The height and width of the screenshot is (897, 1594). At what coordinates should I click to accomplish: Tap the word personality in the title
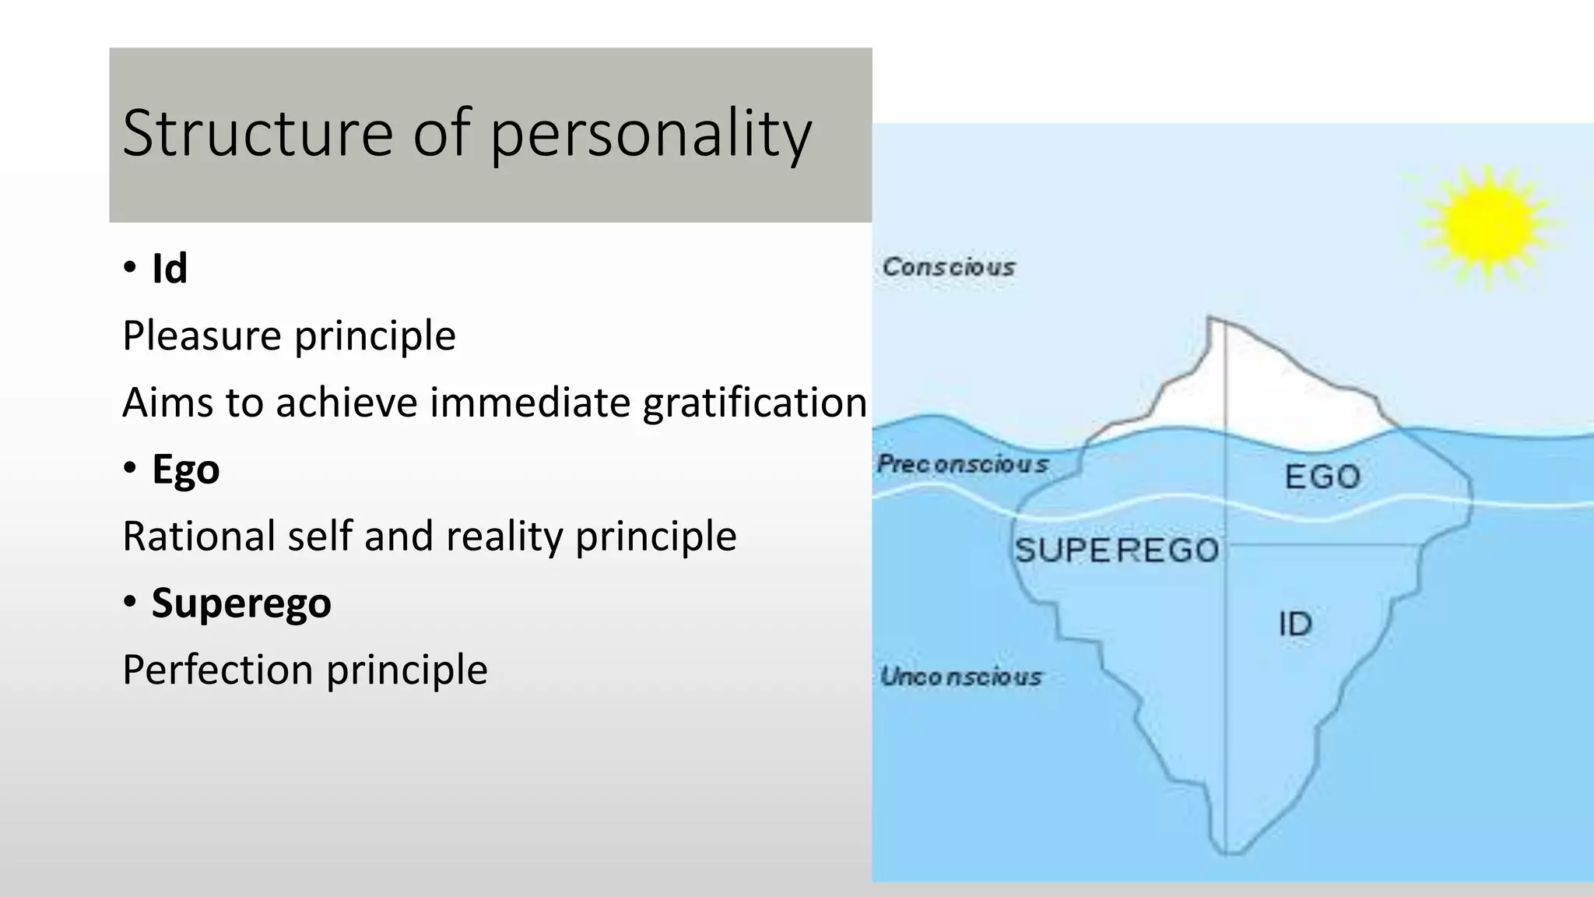click(651, 134)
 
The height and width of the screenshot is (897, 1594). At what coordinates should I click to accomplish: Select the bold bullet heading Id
click(170, 269)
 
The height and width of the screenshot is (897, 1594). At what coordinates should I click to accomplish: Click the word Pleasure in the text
click(202, 336)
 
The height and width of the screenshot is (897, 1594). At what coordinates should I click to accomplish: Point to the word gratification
click(754, 403)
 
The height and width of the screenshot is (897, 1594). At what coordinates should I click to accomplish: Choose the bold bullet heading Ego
click(185, 470)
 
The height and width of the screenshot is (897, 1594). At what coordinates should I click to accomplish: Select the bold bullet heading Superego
click(241, 603)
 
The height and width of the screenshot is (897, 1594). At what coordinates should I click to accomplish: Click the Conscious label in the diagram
click(949, 267)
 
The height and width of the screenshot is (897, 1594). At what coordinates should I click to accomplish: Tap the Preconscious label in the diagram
click(963, 464)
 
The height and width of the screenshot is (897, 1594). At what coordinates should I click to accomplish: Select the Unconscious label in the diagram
click(960, 677)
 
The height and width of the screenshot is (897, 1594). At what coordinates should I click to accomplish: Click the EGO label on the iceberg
click(1322, 477)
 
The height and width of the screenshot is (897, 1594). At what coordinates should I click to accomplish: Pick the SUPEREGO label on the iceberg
click(1117, 551)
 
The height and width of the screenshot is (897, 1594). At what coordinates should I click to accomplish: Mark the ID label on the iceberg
click(1295, 624)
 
